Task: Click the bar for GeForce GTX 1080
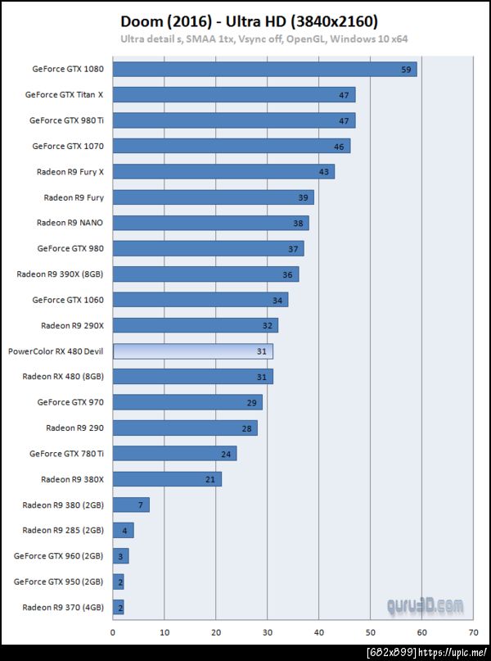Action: tap(264, 69)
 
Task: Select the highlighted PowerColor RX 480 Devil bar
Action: tap(192, 351)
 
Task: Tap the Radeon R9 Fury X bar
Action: tap(223, 171)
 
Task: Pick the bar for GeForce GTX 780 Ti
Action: tap(174, 453)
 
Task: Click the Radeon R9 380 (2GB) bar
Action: tap(131, 505)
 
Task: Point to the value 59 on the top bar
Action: tap(406, 70)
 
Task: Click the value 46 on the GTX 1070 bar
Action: tap(339, 146)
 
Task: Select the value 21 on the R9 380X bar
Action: tap(210, 479)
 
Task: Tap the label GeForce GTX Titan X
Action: tap(65, 94)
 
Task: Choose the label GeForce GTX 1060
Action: tap(68, 299)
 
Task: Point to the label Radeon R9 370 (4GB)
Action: tap(62, 607)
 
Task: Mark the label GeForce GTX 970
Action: tap(70, 401)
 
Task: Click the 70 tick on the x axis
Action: tap(473, 632)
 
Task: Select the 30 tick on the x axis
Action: tap(268, 632)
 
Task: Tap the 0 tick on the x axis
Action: tap(113, 632)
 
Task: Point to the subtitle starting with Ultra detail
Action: tap(264, 38)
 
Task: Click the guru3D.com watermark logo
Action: tap(425, 606)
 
